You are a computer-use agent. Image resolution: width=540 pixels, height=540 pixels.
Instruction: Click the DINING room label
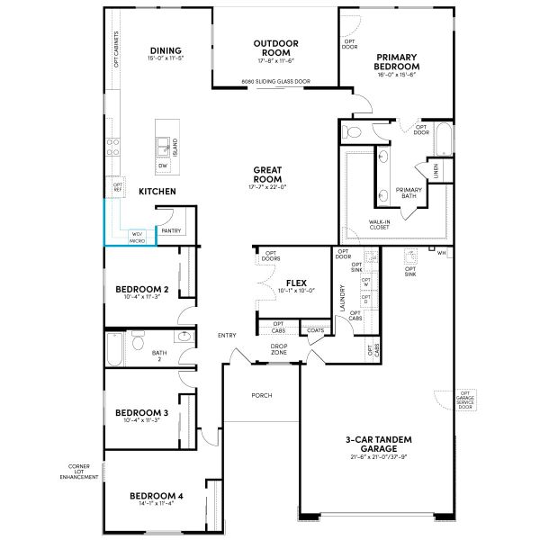coord(166,50)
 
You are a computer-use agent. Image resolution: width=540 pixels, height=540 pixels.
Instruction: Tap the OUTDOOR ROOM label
coord(275,47)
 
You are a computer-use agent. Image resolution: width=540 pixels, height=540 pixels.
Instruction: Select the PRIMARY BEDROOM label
coord(397,61)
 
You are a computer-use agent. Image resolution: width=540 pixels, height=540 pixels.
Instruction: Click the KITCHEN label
coord(157,192)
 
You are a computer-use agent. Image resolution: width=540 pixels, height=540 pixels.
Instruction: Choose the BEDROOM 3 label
coord(143,413)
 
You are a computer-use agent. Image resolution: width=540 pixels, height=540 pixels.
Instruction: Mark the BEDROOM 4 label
coord(156,496)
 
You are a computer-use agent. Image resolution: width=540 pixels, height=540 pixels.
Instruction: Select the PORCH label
coord(262,395)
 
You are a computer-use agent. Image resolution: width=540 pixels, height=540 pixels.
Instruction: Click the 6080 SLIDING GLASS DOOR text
coord(274,82)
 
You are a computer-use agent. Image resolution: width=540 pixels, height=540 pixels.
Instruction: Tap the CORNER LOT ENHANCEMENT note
coord(84,471)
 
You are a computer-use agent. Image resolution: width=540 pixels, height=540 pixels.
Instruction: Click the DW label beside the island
coord(163,166)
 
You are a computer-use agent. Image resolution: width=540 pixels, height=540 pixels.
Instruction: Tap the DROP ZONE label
coord(280,348)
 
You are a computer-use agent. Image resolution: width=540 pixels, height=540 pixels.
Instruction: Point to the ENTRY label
coord(227,336)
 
